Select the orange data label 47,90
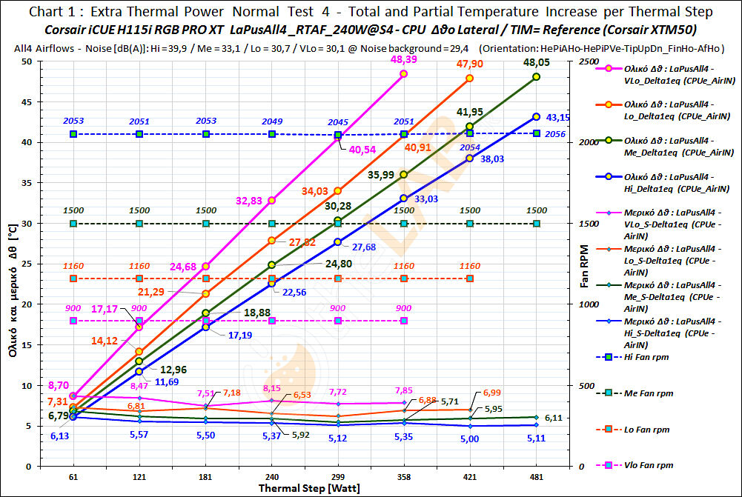click(469, 64)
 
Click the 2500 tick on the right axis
click(585, 61)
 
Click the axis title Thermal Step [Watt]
click(304, 489)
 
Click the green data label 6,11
click(553, 418)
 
